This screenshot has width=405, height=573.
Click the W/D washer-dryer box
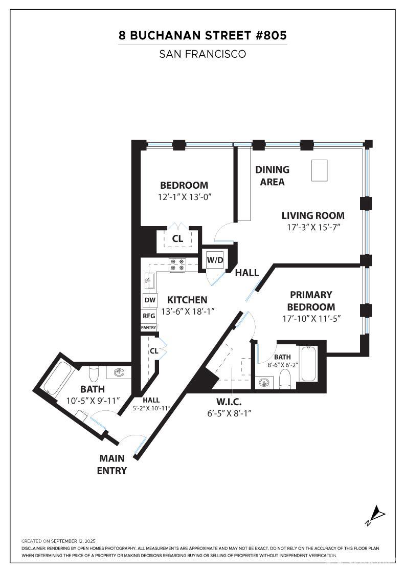[x=215, y=260]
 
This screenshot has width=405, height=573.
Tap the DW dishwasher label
[x=150, y=300]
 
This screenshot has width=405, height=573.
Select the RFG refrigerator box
[x=149, y=316]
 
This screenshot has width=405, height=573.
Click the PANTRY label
[x=149, y=327]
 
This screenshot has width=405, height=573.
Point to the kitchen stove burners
[x=177, y=265]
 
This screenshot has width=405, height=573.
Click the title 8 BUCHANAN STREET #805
[x=202, y=35]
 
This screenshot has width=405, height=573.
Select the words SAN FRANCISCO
[x=202, y=54]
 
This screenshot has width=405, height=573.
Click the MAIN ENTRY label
[x=112, y=464]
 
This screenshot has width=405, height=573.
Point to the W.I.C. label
[x=229, y=402]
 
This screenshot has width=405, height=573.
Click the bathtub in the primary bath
[x=308, y=364]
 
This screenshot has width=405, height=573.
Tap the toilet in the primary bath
[x=284, y=379]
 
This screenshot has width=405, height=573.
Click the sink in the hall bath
[x=119, y=372]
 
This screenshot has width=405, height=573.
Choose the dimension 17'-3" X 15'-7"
[x=313, y=227]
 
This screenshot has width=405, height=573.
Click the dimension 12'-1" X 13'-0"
[x=185, y=197]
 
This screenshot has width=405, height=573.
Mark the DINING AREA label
[x=273, y=175]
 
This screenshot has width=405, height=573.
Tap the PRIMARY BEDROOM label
[x=311, y=301]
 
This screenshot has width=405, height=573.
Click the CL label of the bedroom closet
[x=177, y=239]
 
